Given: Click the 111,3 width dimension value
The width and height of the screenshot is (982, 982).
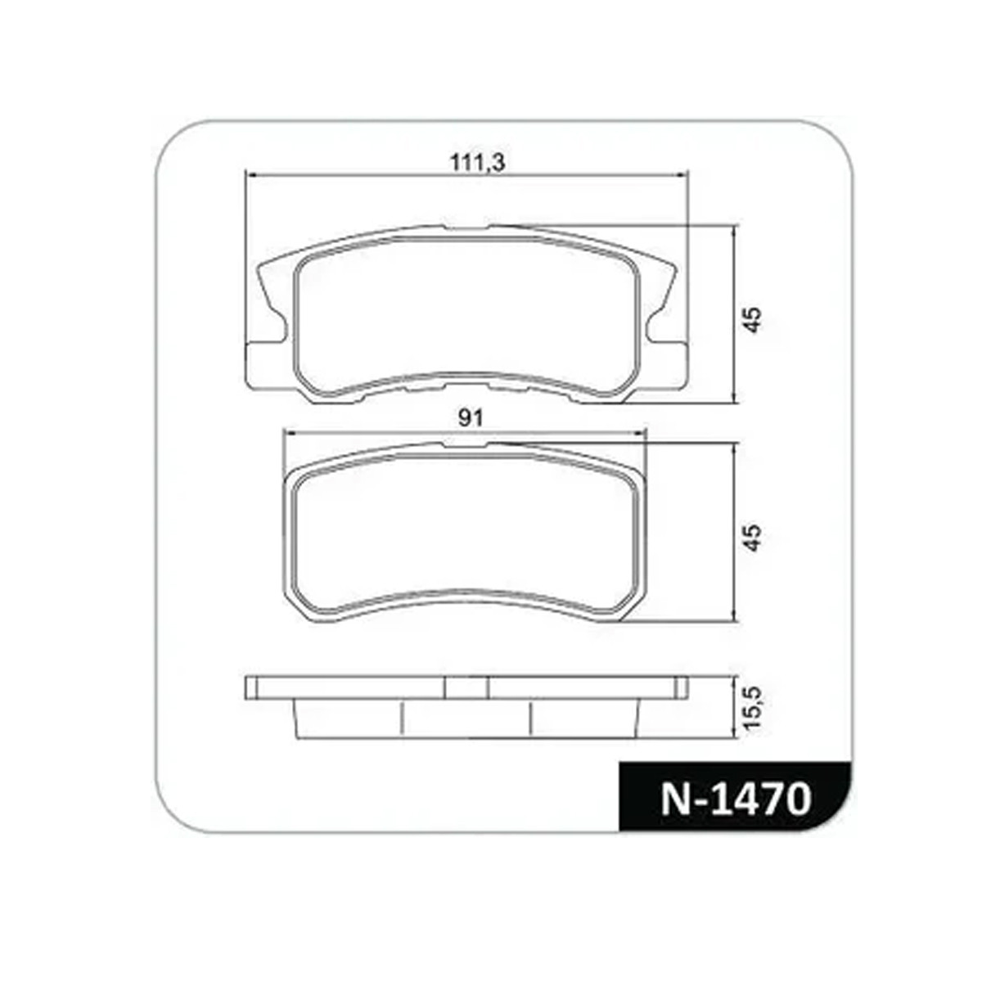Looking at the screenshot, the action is pyautogui.click(x=477, y=163).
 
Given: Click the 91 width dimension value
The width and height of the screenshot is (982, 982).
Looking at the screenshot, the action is pyautogui.click(x=471, y=419).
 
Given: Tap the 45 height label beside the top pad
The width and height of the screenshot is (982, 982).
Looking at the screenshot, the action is pyautogui.click(x=753, y=319).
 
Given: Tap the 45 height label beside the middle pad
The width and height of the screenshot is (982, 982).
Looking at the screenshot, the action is pyautogui.click(x=753, y=538).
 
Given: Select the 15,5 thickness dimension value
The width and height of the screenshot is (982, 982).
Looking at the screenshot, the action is pyautogui.click(x=754, y=709).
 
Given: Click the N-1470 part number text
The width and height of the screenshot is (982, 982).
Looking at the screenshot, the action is pyautogui.click(x=736, y=799).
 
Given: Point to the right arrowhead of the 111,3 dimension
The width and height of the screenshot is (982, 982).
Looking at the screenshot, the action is pyautogui.click(x=682, y=175).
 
